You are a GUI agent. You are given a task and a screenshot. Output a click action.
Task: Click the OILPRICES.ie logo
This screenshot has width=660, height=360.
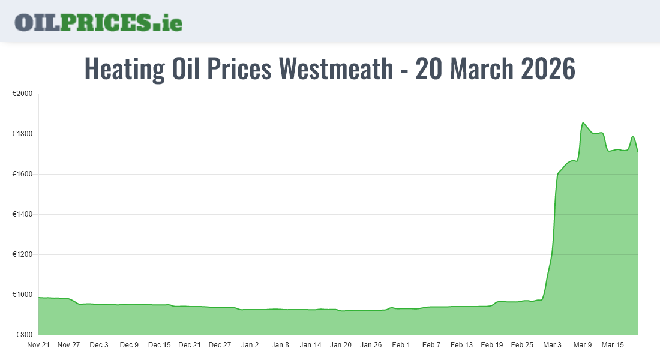pyautogui.click(x=98, y=22)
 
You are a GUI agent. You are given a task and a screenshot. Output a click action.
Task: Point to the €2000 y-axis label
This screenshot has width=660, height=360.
pyautogui.click(x=23, y=94)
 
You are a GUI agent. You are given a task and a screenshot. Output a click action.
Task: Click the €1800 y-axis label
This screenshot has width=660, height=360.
pyautogui.click(x=23, y=134)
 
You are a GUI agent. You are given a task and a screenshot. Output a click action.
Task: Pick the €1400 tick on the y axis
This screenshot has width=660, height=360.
pyautogui.click(x=23, y=215)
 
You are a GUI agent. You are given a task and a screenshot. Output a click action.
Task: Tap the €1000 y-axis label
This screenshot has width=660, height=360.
pyautogui.click(x=23, y=295)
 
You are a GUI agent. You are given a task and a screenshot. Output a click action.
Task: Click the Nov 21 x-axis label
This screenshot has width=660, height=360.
pyautogui.click(x=38, y=345)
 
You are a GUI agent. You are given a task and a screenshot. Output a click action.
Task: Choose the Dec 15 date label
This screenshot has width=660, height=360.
pyautogui.click(x=160, y=345)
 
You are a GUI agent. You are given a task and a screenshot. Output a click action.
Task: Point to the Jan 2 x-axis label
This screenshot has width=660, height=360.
pyautogui.click(x=250, y=345)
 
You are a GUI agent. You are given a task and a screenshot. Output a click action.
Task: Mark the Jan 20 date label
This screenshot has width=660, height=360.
pyautogui.click(x=341, y=345)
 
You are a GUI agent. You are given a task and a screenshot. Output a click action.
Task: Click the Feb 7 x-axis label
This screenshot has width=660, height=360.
pyautogui.click(x=431, y=345)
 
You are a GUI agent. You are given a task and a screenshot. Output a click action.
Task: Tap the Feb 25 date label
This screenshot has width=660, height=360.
pyautogui.click(x=522, y=345)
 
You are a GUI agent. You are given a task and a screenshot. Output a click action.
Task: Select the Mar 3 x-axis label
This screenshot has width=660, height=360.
pyautogui.click(x=553, y=345)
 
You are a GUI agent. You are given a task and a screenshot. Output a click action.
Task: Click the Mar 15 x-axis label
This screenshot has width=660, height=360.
pyautogui.click(x=613, y=345)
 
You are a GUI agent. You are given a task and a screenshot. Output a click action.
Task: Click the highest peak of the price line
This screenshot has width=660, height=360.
pyautogui.click(x=583, y=123)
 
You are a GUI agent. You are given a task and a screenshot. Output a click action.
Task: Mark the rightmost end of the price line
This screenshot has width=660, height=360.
pyautogui.click(x=638, y=152)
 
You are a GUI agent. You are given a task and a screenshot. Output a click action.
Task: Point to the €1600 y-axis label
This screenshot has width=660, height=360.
pyautogui.click(x=23, y=175)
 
